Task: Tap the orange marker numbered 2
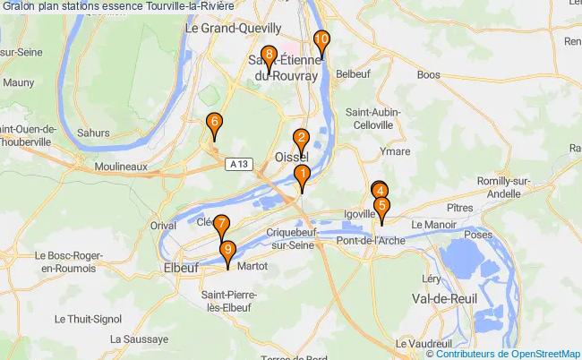point(302,139)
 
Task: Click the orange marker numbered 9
point(228,252)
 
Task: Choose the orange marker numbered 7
point(221,226)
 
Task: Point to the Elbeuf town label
point(180,266)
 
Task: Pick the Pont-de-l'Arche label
point(371,240)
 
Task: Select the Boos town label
point(429,75)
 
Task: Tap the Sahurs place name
point(94,132)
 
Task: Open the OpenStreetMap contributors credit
point(503,353)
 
